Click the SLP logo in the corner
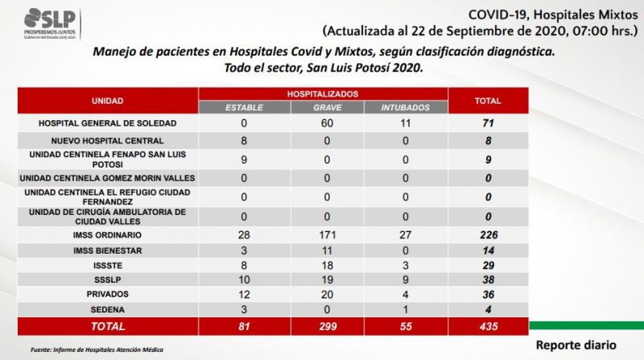click(x=50, y=24)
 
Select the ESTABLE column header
click(x=244, y=108)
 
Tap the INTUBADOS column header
click(x=406, y=108)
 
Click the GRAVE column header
click(x=328, y=108)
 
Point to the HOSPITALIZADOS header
click(x=323, y=94)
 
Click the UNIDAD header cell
click(x=107, y=101)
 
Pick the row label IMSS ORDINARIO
click(x=107, y=235)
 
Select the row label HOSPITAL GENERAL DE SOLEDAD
click(x=107, y=123)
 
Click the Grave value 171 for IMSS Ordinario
click(x=328, y=235)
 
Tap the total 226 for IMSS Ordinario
click(x=489, y=235)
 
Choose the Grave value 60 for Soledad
click(x=327, y=123)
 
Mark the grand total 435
click(x=489, y=327)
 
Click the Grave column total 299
click(x=328, y=327)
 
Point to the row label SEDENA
click(x=107, y=310)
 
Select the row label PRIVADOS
click(x=107, y=294)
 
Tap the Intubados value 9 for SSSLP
click(x=406, y=279)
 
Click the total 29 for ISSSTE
click(x=489, y=266)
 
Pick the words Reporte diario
click(x=576, y=346)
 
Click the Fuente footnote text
click(x=97, y=350)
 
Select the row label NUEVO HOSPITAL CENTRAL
click(x=107, y=141)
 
